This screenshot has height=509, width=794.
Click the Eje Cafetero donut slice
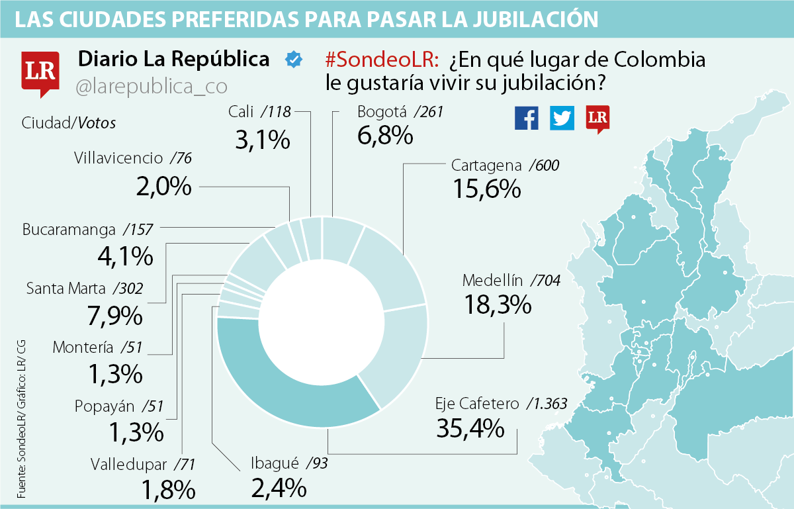click(x=291, y=384)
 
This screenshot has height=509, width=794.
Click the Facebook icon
click(x=527, y=118)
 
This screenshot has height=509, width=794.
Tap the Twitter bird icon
click(x=562, y=118)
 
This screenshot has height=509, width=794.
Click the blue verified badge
click(x=293, y=60)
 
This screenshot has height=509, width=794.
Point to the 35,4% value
click(x=470, y=428)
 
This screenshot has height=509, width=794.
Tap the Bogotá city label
click(x=382, y=112)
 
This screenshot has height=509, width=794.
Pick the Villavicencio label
click(x=118, y=158)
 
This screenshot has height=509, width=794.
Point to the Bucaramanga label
click(x=69, y=230)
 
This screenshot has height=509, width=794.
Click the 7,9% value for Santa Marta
click(x=114, y=315)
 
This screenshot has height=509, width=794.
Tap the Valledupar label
click(x=131, y=464)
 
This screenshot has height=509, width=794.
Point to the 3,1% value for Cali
click(x=262, y=139)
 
